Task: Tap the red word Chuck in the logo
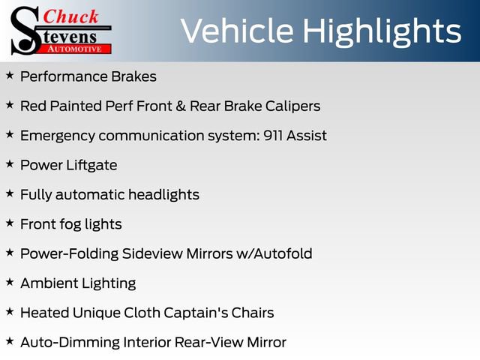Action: pyautogui.click(x=69, y=17)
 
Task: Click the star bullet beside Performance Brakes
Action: pyautogui.click(x=9, y=76)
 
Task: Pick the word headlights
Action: pyautogui.click(x=163, y=194)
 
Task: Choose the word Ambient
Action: pyautogui.click(x=49, y=283)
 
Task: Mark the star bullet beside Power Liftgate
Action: pyautogui.click(x=9, y=164)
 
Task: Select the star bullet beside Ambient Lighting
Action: pyautogui.click(x=9, y=282)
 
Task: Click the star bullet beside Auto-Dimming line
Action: pyautogui.click(x=9, y=341)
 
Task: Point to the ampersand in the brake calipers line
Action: pyautogui.click(x=181, y=106)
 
